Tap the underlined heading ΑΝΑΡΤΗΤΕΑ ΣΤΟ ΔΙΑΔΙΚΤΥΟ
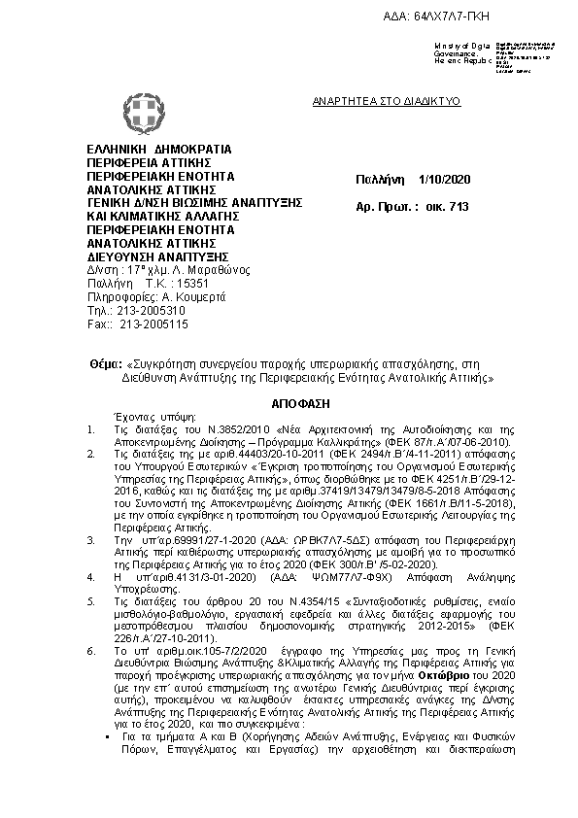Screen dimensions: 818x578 (386, 100)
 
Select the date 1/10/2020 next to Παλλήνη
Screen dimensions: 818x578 (445, 181)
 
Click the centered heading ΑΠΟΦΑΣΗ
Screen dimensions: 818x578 (289, 401)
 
